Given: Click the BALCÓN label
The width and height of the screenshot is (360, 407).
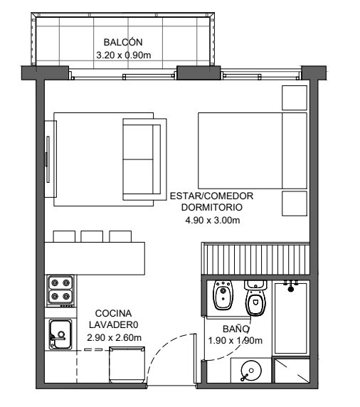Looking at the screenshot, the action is (123, 42).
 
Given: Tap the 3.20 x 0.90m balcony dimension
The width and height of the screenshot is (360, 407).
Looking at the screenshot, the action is (124, 55).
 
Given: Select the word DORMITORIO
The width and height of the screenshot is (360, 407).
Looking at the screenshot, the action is (212, 207).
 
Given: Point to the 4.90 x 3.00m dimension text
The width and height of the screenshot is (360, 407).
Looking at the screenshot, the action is (213, 221).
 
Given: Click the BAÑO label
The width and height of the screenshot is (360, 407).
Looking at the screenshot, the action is (235, 329).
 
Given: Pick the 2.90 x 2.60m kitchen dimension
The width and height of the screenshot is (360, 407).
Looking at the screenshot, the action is (115, 338).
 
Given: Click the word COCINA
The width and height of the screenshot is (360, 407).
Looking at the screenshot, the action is (113, 313).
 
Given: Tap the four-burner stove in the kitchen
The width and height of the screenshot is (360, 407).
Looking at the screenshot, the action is (60, 291).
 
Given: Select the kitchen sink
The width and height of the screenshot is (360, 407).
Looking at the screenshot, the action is (60, 334).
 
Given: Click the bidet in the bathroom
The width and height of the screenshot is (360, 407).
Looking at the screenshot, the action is (223, 295).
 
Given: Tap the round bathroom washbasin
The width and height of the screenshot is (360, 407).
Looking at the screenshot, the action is (251, 371).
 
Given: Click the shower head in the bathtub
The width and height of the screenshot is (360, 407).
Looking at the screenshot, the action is (291, 287).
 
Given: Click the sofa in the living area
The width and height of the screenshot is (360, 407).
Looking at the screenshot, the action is (144, 159).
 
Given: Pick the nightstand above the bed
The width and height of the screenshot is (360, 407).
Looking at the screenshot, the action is (295, 98).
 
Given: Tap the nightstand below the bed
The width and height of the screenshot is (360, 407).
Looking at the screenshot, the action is (295, 203).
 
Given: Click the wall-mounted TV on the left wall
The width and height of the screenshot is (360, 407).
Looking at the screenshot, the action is (48, 159).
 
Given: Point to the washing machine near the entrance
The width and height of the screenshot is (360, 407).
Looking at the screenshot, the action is (127, 365).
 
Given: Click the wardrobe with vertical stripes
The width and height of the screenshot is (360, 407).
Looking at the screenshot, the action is (256, 258).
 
